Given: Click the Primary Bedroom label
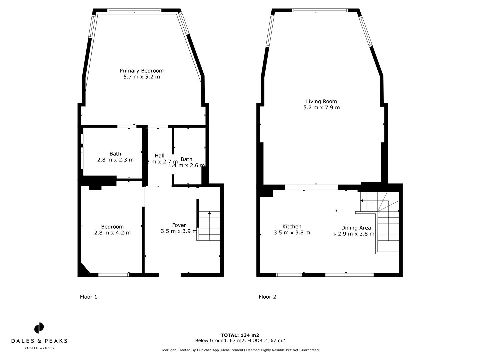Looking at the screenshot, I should pyautogui.click(x=141, y=71).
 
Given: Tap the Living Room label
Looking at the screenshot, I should pyautogui.click(x=321, y=101).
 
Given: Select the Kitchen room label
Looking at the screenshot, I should pyautogui.click(x=292, y=227).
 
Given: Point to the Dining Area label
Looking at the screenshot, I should pyautogui.click(x=356, y=228).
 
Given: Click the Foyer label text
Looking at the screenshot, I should pyautogui.click(x=179, y=225).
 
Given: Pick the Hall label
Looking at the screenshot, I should pyautogui.click(x=159, y=156).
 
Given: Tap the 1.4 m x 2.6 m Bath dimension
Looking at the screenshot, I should pyautogui.click(x=186, y=165).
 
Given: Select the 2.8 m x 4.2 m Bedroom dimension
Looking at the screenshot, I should pyautogui.click(x=112, y=233).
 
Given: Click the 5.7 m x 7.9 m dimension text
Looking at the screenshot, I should pyautogui.click(x=321, y=107).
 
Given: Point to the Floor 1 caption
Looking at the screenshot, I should pyautogui.click(x=88, y=297).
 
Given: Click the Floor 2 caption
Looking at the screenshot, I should pyautogui.click(x=267, y=297).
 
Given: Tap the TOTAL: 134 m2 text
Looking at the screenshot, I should pyautogui.click(x=240, y=335).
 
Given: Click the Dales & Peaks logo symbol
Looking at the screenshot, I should pyautogui.click(x=39, y=328).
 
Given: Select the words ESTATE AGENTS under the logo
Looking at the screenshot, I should pyautogui.click(x=39, y=348).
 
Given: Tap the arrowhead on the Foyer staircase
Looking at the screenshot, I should pyautogui.click(x=209, y=212).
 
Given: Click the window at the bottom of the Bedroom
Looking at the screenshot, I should pyautogui.click(x=114, y=275).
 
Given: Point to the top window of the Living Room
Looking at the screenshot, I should pyautogui.click(x=320, y=10).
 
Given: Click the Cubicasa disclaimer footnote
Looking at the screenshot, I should pyautogui.click(x=240, y=350).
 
